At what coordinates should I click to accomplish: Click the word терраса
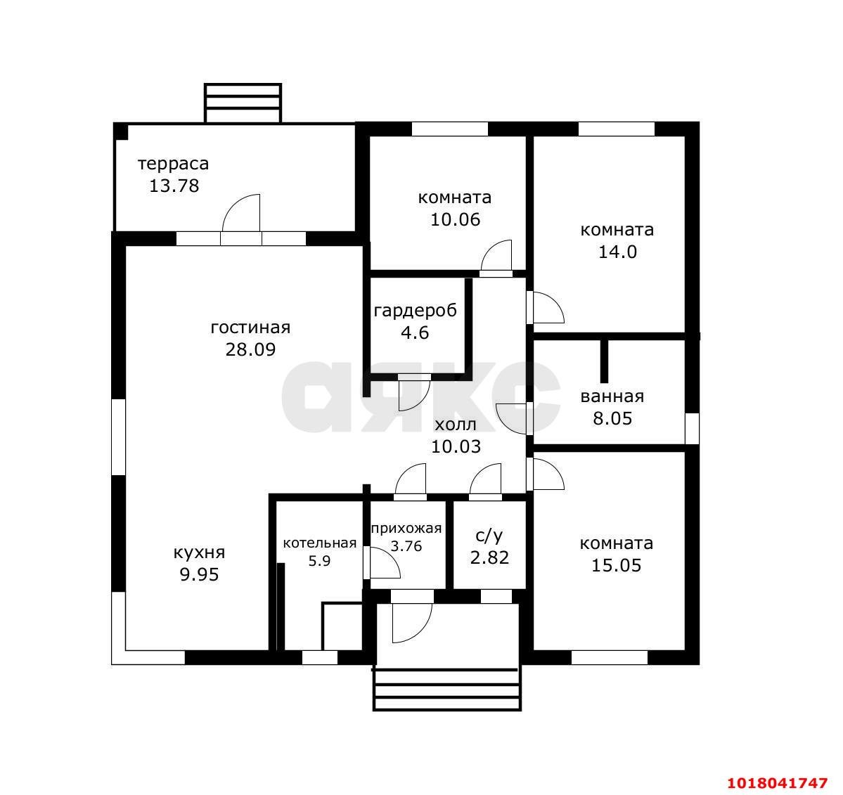pos(173,163)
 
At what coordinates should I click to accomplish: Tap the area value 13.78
pos(174,186)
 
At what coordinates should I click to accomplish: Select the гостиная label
pos(250,328)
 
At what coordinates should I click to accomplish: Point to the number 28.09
pos(250,349)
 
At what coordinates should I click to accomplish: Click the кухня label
pos(199,553)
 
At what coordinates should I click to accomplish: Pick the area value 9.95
pos(199,574)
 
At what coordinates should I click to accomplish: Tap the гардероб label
pos(415,311)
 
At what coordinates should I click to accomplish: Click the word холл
pos(456,425)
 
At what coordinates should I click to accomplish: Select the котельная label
pos(319,543)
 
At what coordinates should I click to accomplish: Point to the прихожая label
pos(406,529)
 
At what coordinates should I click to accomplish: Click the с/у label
pos(489,536)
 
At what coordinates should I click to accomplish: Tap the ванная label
pos(612,396)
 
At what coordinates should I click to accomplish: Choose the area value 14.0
pos(617,252)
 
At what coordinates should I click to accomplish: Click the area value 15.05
pos(616,565)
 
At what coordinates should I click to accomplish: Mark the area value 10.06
pos(455,219)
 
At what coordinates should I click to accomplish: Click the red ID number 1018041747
pos(778,782)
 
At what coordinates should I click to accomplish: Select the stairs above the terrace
pos(243,103)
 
